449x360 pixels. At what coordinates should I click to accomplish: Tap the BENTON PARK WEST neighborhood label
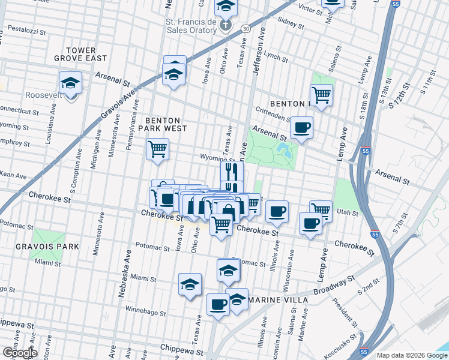click(163, 124)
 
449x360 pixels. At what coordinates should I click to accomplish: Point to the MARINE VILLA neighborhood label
click(279, 299)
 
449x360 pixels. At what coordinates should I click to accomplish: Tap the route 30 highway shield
click(246, 28)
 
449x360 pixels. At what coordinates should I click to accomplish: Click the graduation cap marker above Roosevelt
click(71, 83)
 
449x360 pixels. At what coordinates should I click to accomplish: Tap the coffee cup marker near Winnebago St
click(218, 305)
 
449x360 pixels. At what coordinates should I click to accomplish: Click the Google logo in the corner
click(19, 353)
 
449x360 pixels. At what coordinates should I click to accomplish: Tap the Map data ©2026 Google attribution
click(412, 355)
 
